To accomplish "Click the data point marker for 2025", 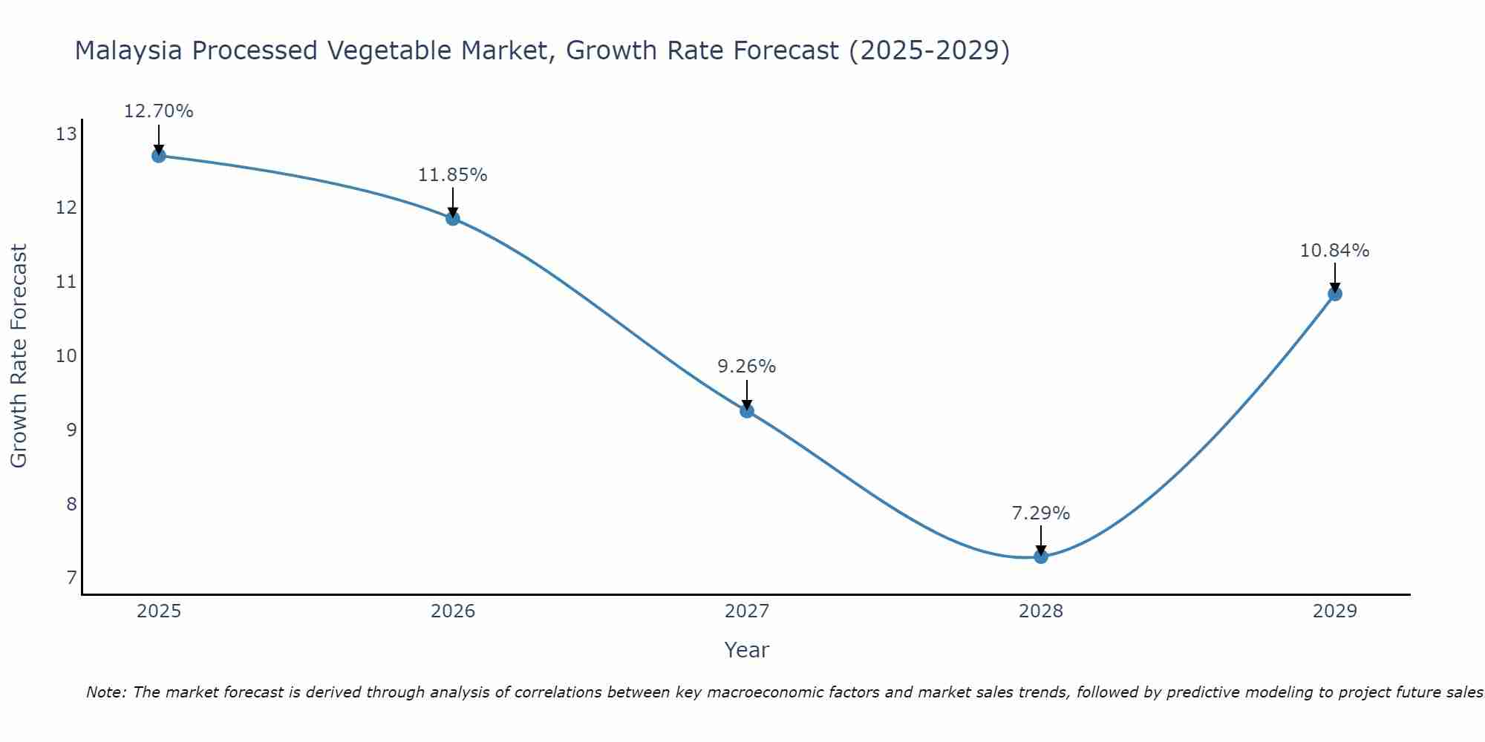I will (x=159, y=156).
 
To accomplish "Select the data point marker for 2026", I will (x=453, y=218).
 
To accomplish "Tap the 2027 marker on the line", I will (x=747, y=411).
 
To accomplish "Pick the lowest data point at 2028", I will (x=1041, y=556).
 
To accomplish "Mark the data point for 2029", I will (x=1335, y=294).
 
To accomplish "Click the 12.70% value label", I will (x=158, y=111).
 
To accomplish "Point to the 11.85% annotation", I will (x=452, y=175).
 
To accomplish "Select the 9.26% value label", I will (x=746, y=367).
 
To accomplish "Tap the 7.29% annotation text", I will (x=1040, y=513).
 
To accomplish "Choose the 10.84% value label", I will (x=1334, y=251).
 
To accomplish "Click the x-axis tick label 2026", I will (x=453, y=611).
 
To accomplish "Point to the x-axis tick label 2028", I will (x=1041, y=611).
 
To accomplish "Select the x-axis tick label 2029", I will (x=1335, y=611).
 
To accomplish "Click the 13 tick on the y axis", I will (x=66, y=134).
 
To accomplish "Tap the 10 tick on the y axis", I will (x=66, y=356).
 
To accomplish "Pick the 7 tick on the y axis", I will (x=71, y=578).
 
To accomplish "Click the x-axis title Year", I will (x=746, y=650).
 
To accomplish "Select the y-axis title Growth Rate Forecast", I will (x=19, y=356).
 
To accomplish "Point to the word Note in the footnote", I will (x=105, y=693).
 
